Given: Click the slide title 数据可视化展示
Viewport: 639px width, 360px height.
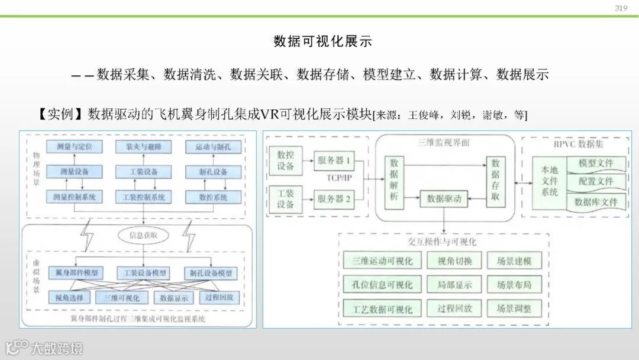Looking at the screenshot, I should pyautogui.click(x=322, y=41).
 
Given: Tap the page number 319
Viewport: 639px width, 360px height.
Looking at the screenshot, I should pyautogui.click(x=621, y=8).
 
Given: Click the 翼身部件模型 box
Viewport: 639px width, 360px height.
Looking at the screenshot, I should pyautogui.click(x=76, y=273).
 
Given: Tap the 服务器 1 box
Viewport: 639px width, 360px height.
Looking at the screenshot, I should pyautogui.click(x=334, y=160).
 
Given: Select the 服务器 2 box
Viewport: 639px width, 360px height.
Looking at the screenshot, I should pyautogui.click(x=334, y=199).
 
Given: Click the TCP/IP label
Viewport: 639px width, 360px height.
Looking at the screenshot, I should pyautogui.click(x=340, y=178).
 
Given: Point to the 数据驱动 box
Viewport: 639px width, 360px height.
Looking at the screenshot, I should pyautogui.click(x=444, y=199).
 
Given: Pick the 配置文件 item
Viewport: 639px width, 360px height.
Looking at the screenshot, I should pyautogui.click(x=595, y=181).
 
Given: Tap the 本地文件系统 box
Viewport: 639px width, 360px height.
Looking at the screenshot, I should pyautogui.click(x=550, y=181).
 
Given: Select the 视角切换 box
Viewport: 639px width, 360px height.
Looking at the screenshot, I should pyautogui.click(x=454, y=261).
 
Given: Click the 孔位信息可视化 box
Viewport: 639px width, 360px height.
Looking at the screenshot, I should pyautogui.click(x=382, y=285).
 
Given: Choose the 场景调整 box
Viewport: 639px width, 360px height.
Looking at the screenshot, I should pyautogui.click(x=514, y=308).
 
